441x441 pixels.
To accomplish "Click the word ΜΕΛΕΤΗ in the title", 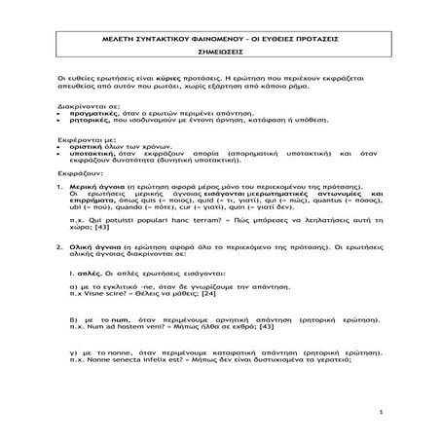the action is pyautogui.click(x=114, y=32).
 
